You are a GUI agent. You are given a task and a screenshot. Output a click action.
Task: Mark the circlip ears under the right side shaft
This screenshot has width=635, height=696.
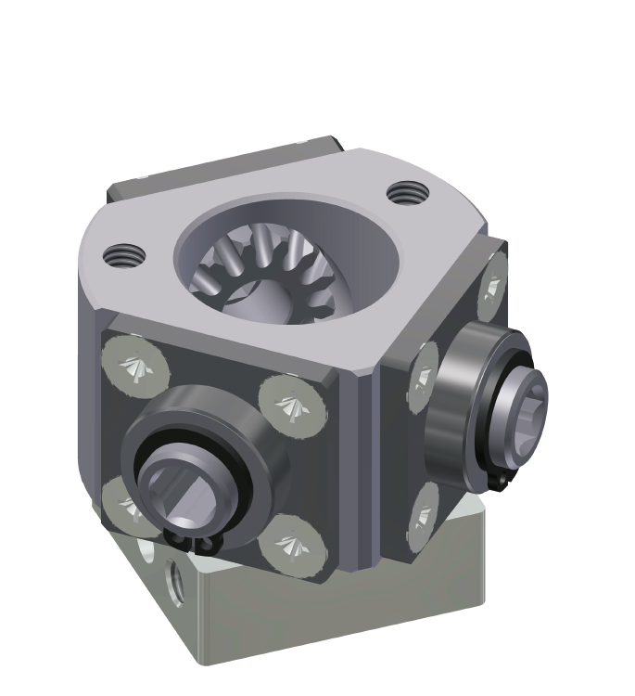click(501, 481)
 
